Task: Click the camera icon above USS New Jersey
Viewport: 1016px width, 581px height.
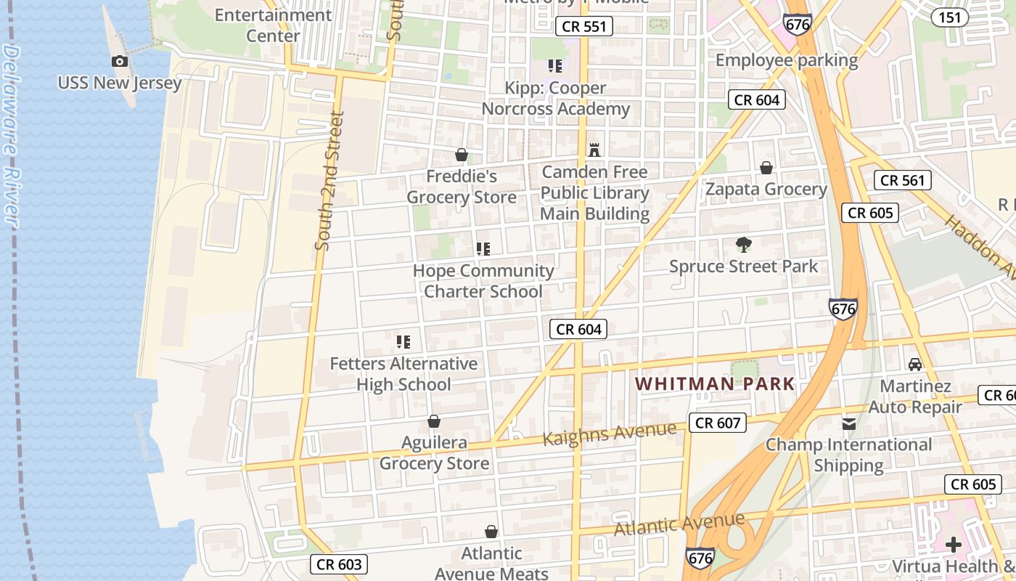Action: coord(120,62)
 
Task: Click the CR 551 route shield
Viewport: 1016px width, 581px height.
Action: coord(585,27)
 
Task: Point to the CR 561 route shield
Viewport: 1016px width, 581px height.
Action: coord(902,180)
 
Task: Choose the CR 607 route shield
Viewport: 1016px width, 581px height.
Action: coord(717,423)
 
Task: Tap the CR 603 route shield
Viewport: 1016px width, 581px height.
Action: coord(339,564)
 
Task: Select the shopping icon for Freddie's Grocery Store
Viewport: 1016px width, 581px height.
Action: coord(461,155)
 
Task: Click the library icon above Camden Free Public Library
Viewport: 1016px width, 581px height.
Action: coord(594,150)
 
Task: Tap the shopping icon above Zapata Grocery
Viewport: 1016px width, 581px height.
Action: coord(766,168)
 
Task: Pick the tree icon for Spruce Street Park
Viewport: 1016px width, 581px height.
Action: coord(743,245)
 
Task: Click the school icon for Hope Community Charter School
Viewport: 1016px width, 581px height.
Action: coord(483,249)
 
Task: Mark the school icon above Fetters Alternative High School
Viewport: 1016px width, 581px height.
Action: coord(403,341)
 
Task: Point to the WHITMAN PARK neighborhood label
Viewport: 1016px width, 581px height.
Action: coord(715,384)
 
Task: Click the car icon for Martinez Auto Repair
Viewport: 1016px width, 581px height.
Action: coord(915,364)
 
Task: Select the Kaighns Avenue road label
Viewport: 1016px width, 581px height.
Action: coord(609,434)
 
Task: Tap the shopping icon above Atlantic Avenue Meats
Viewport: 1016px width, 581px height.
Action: coord(491,532)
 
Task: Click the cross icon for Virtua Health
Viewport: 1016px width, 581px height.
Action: coord(954,544)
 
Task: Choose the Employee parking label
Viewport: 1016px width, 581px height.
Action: coord(787,60)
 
